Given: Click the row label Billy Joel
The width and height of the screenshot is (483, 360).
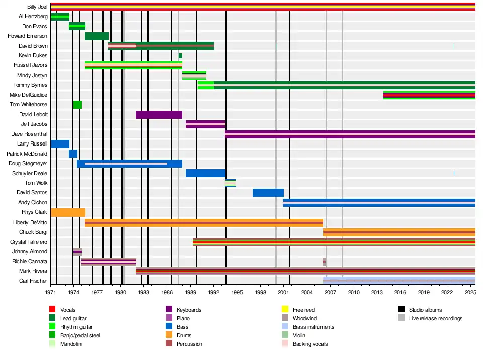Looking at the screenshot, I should (x=37, y=7).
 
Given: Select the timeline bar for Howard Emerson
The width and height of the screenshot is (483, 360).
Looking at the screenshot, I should (x=97, y=36).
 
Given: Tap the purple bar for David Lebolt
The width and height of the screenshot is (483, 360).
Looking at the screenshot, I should (x=159, y=115).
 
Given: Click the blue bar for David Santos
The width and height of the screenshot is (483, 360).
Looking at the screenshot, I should (x=268, y=193).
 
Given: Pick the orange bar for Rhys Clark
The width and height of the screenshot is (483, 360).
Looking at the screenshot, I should (x=68, y=212).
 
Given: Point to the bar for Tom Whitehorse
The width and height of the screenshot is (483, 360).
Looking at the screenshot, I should (x=77, y=105).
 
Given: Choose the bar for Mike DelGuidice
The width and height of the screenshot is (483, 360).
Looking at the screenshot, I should (x=429, y=95).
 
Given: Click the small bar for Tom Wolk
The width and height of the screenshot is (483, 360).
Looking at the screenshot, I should (x=230, y=183).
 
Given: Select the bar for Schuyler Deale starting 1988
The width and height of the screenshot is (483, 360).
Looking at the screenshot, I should (x=206, y=173).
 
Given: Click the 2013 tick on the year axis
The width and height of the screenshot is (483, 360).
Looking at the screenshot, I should (x=377, y=292).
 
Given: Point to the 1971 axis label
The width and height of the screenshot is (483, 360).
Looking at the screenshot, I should (x=51, y=292).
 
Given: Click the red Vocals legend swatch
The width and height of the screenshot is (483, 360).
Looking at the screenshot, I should (x=52, y=310).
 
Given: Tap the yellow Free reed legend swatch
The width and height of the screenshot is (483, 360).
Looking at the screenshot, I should (x=284, y=310).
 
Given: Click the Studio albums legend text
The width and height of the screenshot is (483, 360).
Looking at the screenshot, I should (x=425, y=310).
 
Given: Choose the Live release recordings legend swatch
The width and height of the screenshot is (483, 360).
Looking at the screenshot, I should (x=401, y=318).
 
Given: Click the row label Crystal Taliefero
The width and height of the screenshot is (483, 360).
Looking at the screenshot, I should (x=29, y=242).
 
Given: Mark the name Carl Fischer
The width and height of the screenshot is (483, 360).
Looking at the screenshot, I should (x=33, y=281).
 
